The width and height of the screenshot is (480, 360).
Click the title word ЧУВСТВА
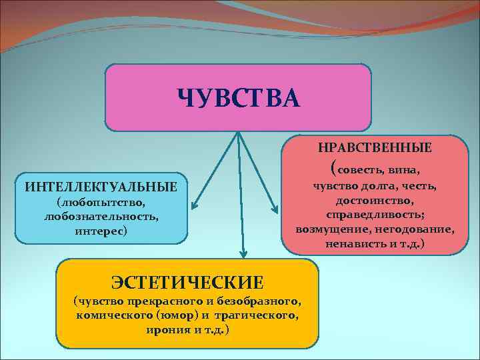239,98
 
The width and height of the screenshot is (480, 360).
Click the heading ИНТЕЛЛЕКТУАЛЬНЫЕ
101,186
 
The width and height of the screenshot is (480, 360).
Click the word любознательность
101,217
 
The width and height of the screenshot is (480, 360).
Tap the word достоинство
375,201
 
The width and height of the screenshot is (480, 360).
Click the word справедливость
375,215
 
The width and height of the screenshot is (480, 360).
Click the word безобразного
263,301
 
